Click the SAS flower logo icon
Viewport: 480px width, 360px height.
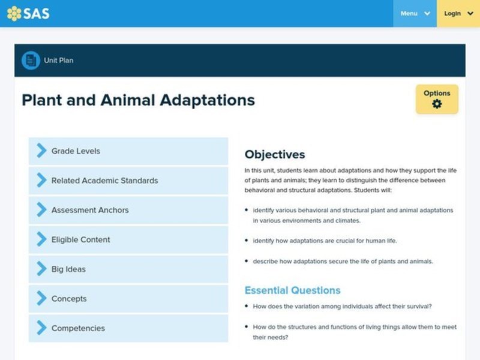tap(14, 13)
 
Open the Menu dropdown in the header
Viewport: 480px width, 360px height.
tap(415, 13)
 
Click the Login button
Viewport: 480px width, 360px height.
tap(457, 13)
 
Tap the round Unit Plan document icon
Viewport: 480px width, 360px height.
tap(31, 60)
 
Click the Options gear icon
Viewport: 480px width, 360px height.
tap(437, 104)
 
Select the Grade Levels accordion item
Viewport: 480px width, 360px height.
tap(128, 151)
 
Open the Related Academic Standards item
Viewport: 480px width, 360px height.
tap(128, 181)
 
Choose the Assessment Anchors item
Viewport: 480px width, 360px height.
tap(128, 210)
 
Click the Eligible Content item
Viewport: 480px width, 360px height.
tap(128, 239)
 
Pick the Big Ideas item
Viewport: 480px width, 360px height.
tap(128, 269)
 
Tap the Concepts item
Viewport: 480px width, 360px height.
tap(128, 299)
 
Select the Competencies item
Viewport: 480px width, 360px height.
tap(128, 328)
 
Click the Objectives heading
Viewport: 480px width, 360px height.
tap(275, 155)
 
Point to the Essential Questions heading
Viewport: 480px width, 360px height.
tap(292, 290)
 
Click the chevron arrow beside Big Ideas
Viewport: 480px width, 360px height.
tap(41, 269)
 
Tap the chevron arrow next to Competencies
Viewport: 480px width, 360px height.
tap(41, 328)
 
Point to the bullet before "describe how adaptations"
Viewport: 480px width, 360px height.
tap(247, 261)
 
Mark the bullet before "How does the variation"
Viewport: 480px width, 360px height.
tap(247, 307)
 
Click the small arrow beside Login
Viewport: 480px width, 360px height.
tap(472, 13)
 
